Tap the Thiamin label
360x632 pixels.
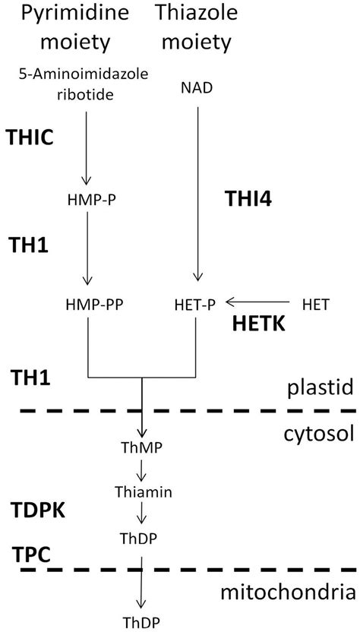(142, 492)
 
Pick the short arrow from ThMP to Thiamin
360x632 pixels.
(142, 469)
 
